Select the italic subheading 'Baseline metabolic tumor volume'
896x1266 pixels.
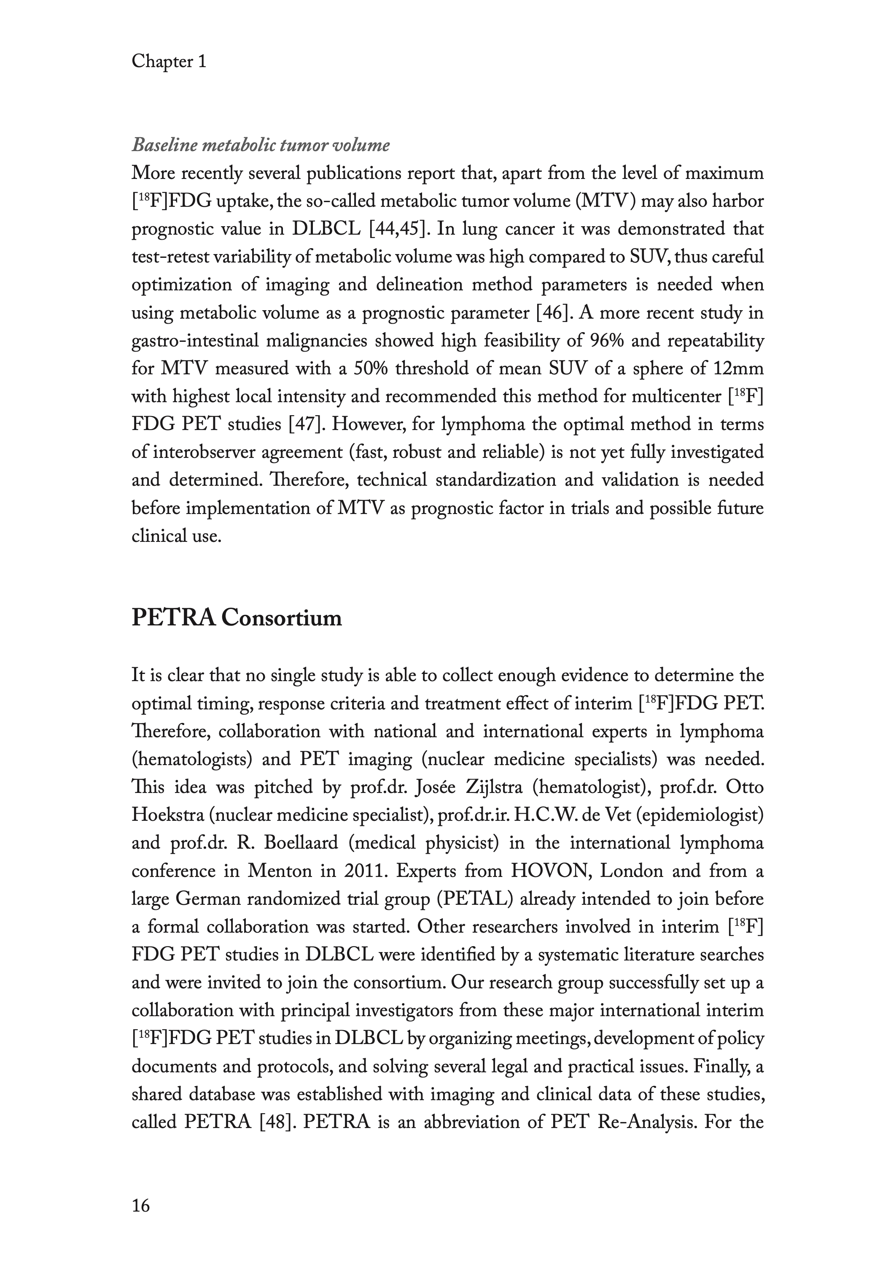coord(261,145)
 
